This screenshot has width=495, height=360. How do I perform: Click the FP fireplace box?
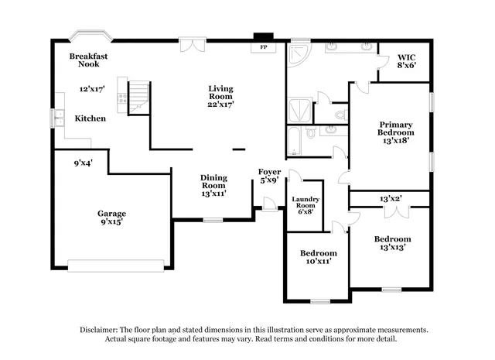tap(263, 47)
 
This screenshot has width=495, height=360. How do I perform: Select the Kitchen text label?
tap(90, 118)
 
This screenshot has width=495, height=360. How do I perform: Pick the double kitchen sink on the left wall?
tap(58, 118)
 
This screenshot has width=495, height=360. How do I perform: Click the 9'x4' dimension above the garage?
tap(84, 163)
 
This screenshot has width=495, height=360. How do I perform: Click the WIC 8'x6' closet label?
tap(407, 62)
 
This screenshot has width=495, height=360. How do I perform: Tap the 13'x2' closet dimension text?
tap(390, 199)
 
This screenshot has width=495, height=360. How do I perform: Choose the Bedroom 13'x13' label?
tap(393, 243)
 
